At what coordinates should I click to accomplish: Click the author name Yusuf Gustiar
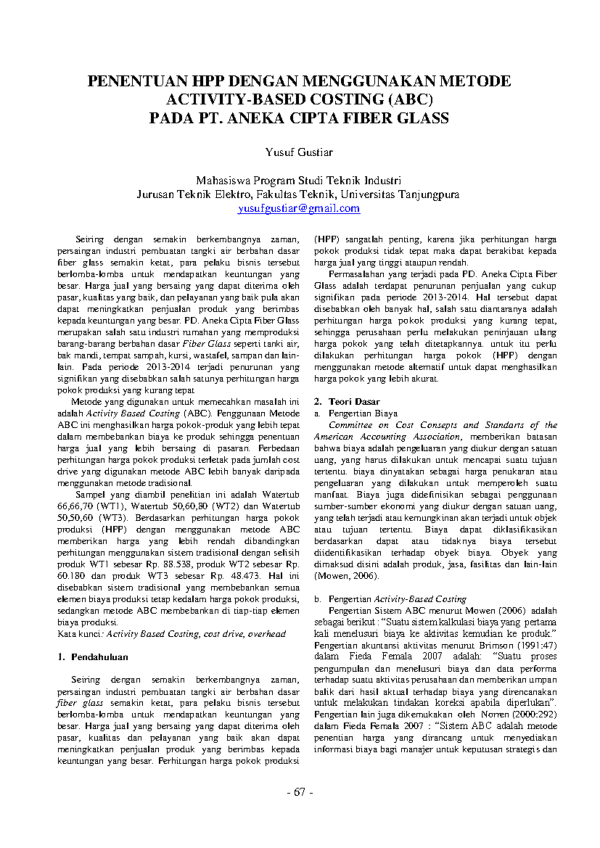point(299,152)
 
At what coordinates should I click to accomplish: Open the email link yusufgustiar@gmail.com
point(299,208)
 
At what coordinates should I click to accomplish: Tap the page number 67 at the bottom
point(299,792)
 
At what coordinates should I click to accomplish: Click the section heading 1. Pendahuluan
point(93,657)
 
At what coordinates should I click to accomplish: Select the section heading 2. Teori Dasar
point(347,401)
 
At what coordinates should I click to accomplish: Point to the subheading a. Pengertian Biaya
point(356,413)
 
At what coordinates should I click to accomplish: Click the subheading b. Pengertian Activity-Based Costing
point(390,599)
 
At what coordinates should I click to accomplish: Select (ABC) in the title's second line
point(409,99)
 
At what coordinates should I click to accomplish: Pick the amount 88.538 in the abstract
point(177,564)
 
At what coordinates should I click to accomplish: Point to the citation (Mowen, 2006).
point(346,576)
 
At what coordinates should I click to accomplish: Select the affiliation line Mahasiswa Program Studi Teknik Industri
point(299,180)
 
